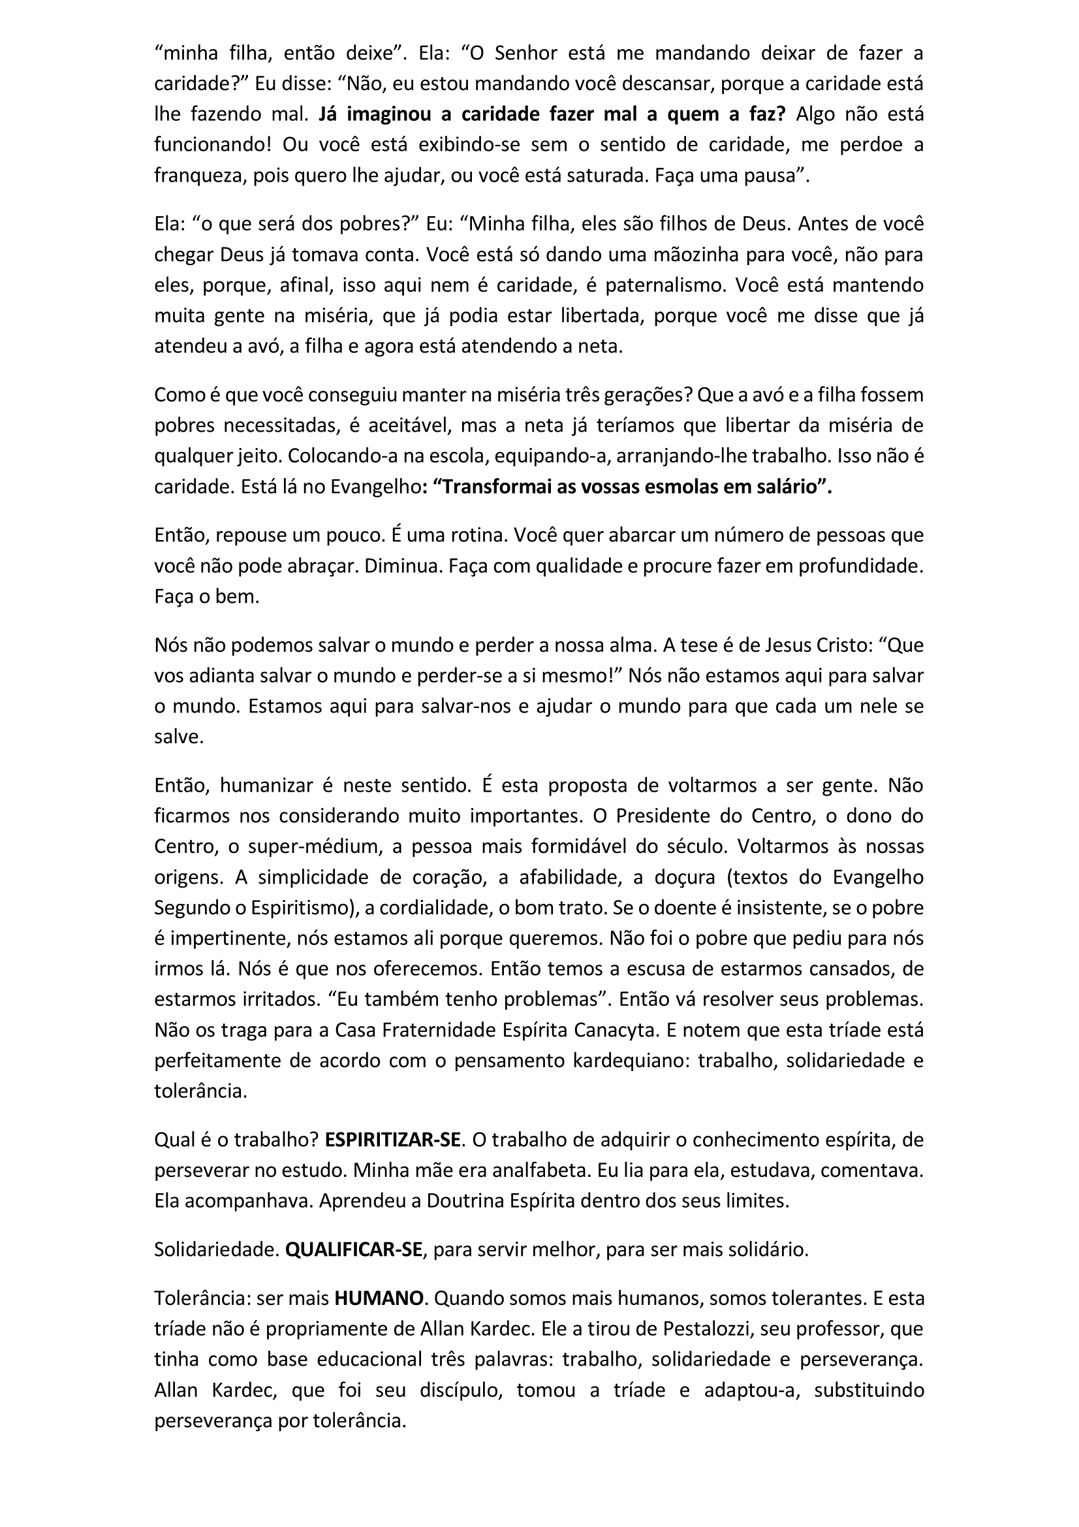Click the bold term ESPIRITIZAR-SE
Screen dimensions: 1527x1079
(x=392, y=1140)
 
